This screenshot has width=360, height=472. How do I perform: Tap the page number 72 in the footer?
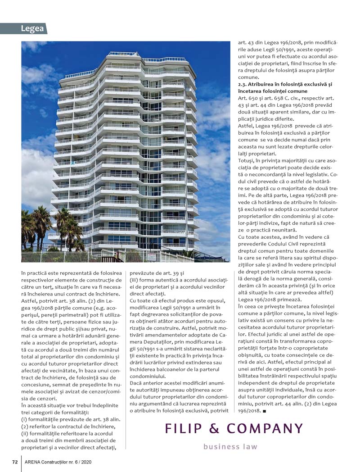[14, 462]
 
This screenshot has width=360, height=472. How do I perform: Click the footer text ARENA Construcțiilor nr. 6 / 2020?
[58, 462]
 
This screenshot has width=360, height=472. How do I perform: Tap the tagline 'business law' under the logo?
[230, 447]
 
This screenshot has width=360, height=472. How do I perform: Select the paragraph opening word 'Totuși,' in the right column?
[247, 160]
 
